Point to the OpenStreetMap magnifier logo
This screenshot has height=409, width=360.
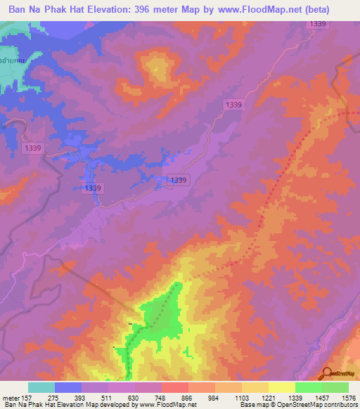(328, 375)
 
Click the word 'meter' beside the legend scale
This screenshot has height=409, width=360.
(13, 398)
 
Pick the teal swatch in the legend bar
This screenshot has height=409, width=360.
(41, 387)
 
